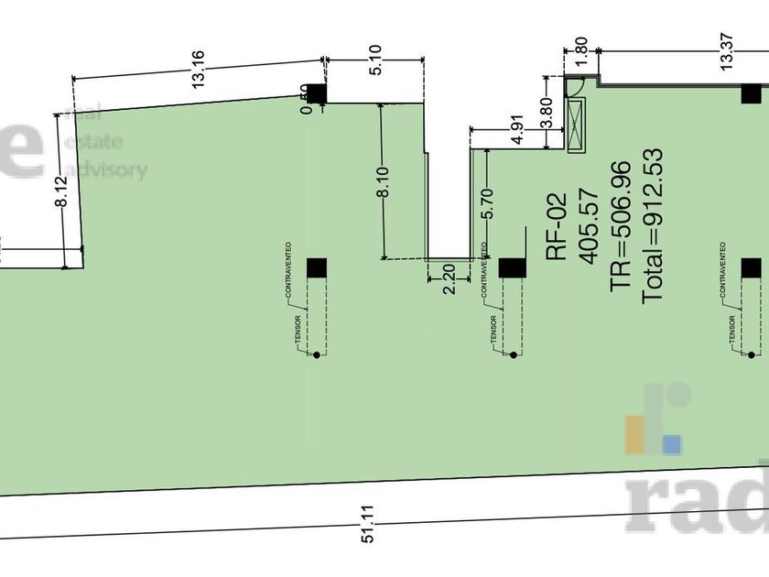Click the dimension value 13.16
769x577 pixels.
tap(197, 75)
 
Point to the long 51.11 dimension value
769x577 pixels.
tap(368, 535)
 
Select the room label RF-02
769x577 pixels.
tap(558, 226)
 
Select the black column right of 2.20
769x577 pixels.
tap(512, 267)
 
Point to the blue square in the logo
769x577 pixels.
tap(672, 444)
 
